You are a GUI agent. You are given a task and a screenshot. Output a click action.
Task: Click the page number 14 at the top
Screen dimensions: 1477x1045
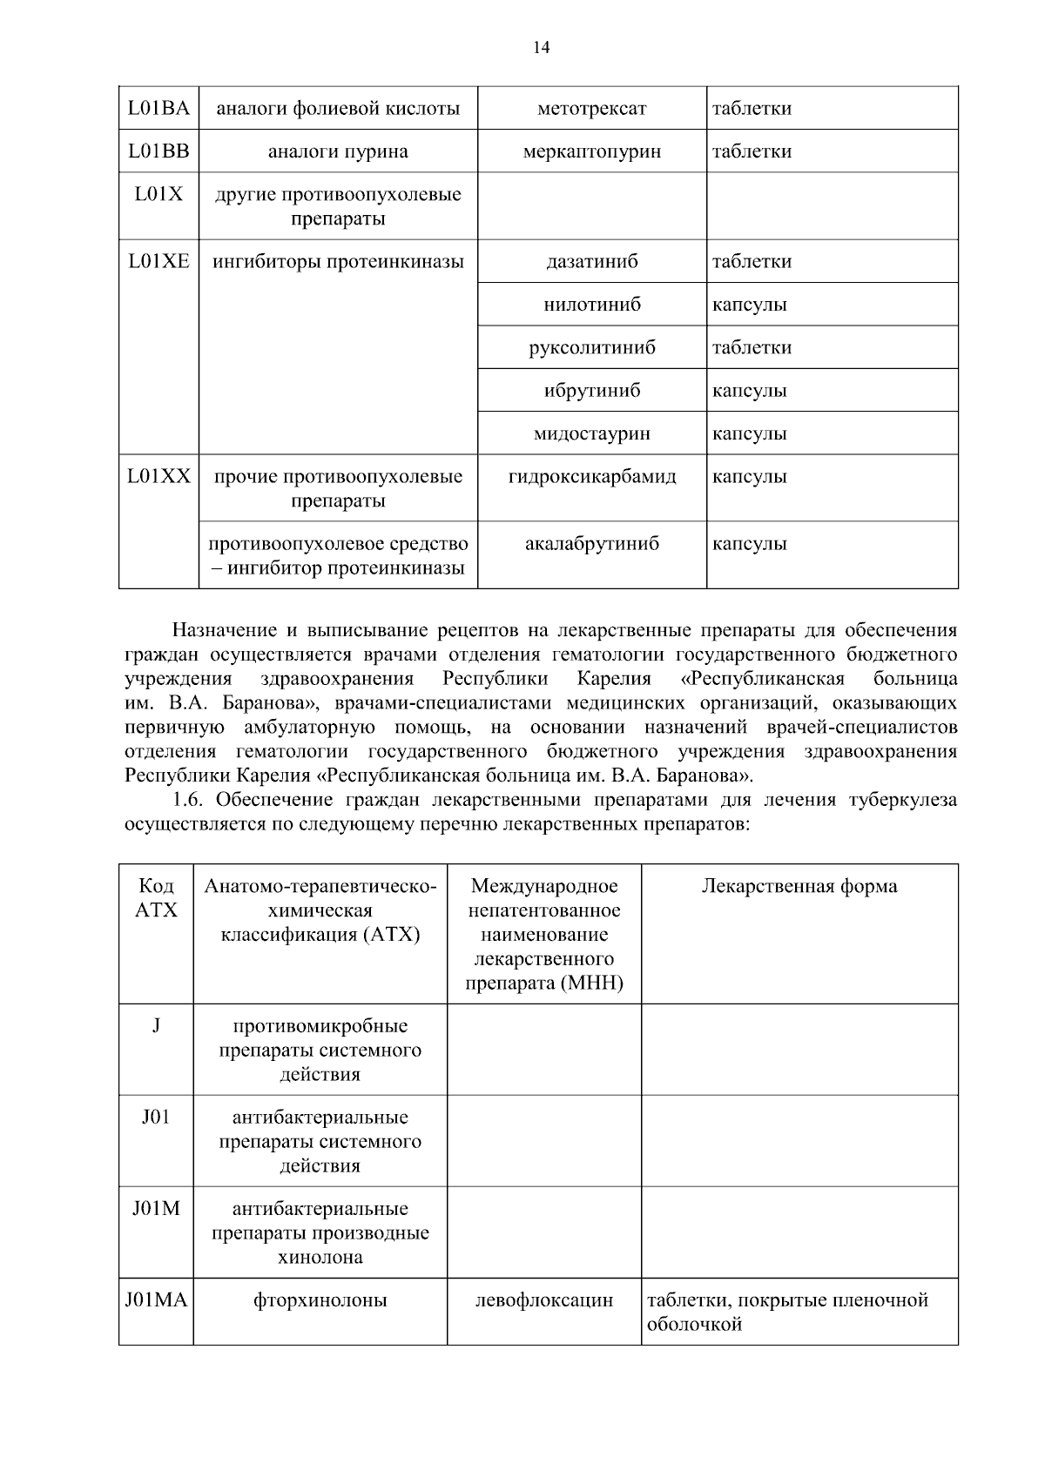click(541, 48)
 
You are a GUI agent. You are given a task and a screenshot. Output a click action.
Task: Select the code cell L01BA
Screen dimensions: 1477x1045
click(158, 109)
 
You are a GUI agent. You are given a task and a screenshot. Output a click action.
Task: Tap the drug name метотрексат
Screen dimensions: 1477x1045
click(591, 109)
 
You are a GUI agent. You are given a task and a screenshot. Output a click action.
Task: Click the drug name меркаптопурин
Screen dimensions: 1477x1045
click(591, 151)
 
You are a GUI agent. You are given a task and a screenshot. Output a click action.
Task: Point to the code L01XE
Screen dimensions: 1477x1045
click(158, 261)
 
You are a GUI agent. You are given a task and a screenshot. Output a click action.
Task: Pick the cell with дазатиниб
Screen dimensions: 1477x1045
click(591, 261)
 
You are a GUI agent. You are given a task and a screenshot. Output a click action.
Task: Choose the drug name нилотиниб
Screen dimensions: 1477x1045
click(591, 305)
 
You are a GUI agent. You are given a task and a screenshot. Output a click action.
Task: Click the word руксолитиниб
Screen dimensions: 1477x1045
click(591, 347)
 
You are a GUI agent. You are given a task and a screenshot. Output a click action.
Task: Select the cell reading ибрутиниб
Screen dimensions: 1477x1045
click(591, 391)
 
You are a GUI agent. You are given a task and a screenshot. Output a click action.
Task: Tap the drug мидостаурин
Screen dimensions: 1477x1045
click(591, 433)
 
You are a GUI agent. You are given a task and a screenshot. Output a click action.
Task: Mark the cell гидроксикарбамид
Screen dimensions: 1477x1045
click(591, 477)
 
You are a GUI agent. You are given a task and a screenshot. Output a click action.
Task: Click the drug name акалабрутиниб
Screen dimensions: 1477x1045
click(591, 544)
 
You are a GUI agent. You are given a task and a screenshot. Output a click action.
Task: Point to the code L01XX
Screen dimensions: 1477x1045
click(158, 477)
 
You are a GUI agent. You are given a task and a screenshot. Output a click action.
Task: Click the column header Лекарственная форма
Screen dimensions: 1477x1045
click(799, 886)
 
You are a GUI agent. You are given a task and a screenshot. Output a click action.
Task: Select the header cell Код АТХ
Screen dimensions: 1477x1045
click(157, 898)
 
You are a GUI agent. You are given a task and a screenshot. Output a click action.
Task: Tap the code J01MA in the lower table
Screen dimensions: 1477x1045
click(156, 1300)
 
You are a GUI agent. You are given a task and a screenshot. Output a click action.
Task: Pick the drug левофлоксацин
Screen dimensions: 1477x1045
click(543, 1300)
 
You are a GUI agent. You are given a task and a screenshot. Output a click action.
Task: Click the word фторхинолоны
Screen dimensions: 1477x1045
click(320, 1300)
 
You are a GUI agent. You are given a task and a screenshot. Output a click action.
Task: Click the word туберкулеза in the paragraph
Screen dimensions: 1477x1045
click(902, 800)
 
